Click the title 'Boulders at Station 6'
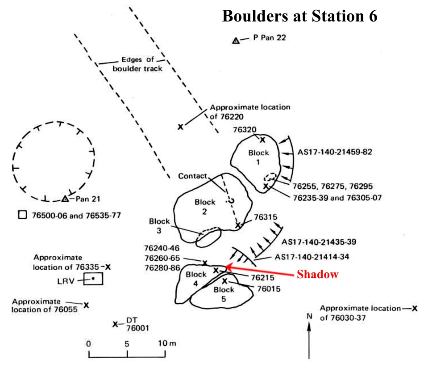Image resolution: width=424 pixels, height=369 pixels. pos(299,16)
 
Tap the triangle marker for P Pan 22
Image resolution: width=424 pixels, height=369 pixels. pos(235,41)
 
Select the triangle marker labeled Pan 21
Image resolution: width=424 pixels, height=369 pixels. pos(65,198)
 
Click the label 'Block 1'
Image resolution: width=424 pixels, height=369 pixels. pos(259,157)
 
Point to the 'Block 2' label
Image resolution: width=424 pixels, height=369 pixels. pos(205,207)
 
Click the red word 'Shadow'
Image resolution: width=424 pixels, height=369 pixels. pos(317,275)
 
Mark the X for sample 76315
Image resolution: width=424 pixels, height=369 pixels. pos(238,225)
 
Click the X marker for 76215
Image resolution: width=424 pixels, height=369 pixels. pos(216,270)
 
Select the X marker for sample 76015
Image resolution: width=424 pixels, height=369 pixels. pos(224,281)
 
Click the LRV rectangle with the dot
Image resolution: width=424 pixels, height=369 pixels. pos(93,279)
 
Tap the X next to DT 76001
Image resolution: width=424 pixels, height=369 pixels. pos(115,324)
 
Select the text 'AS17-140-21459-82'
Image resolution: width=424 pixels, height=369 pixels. pos(335,152)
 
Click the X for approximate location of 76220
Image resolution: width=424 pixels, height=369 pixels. pos(181,127)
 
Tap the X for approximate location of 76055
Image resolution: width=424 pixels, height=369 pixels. pos(87,305)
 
